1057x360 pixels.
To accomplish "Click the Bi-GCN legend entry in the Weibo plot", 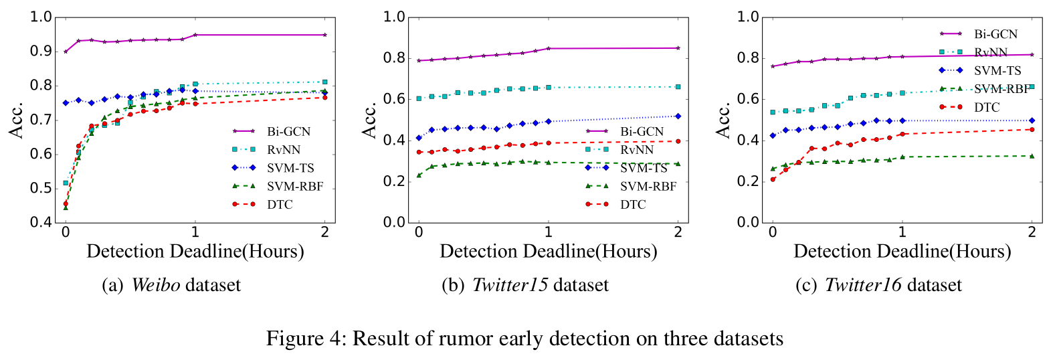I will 288,132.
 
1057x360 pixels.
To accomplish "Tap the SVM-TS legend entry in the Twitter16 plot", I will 997,71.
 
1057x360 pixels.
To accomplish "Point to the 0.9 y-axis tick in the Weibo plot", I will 41,52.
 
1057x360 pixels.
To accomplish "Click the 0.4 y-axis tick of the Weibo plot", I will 41,222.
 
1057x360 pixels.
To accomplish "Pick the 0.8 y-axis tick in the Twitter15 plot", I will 394,58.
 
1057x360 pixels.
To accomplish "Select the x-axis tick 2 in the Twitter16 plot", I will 1032,232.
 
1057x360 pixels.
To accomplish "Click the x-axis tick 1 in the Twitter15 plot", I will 549,232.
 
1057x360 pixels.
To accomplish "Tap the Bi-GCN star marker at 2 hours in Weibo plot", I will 325,35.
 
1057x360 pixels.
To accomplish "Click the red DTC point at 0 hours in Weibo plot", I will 66,203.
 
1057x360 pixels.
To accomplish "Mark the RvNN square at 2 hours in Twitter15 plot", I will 678,87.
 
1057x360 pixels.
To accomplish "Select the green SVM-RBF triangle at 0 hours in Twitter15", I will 419,175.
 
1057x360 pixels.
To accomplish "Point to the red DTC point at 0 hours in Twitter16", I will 773,179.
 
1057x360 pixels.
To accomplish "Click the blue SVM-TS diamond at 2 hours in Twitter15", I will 678,116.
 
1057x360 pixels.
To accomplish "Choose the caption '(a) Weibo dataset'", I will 171,285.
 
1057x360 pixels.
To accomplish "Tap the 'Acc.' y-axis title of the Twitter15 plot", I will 370,120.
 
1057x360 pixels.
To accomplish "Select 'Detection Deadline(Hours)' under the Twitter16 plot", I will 902,252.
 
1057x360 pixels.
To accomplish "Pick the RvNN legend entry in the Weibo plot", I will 283,150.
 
